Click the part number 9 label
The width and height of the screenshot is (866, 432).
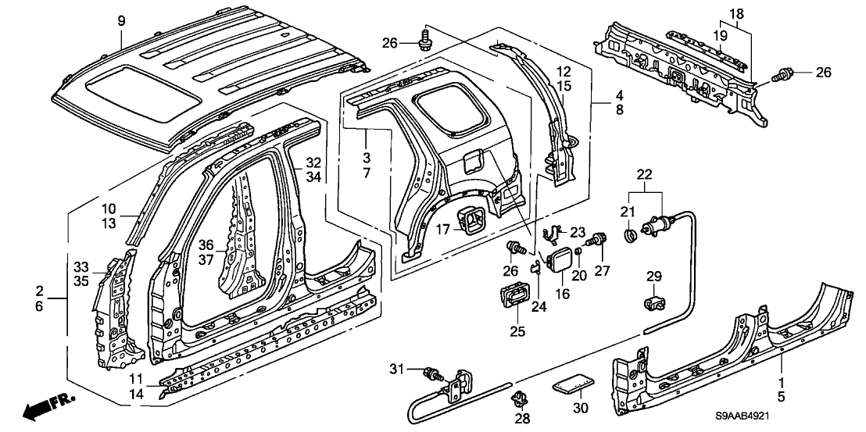pos(121,20)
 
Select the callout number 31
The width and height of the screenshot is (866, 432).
pos(398,369)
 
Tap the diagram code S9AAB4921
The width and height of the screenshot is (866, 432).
pos(811,420)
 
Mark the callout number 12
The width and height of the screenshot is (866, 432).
pos(564,71)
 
